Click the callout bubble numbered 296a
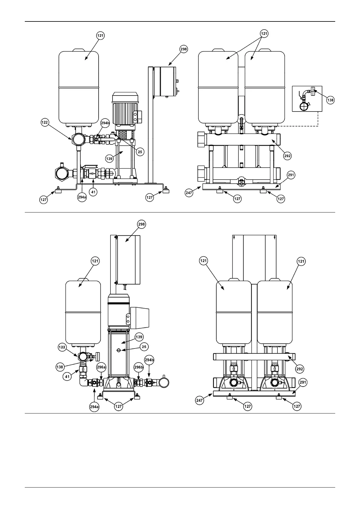click(101, 367)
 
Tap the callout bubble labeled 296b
click(139, 367)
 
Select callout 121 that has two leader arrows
click(264, 34)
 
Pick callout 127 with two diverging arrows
click(118, 407)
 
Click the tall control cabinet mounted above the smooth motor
click(128, 260)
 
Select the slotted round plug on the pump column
click(119, 350)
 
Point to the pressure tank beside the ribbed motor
click(78, 88)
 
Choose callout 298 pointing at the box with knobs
click(183, 49)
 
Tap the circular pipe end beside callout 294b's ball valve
click(163, 382)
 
